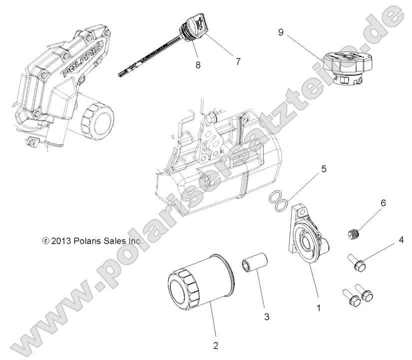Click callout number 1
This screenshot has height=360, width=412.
[x=319, y=308]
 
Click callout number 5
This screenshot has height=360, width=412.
[x=324, y=169]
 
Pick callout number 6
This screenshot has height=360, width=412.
[x=383, y=204]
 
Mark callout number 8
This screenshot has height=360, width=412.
[x=198, y=64]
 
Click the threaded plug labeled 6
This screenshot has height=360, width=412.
[x=354, y=233]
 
